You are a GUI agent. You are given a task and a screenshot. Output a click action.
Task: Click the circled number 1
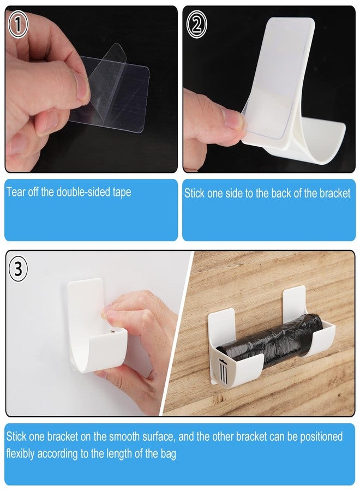pyautogui.click(x=18, y=25)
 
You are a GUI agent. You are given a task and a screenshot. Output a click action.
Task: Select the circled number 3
pyautogui.click(x=19, y=269)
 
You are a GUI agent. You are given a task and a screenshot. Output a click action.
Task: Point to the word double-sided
pyautogui.click(x=83, y=191)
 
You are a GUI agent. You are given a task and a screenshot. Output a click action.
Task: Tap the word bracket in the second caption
pyautogui.click(x=335, y=193)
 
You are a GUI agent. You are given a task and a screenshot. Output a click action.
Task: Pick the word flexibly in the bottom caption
pyautogui.click(x=20, y=454)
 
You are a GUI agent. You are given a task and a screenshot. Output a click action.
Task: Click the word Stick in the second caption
pyautogui.click(x=195, y=193)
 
